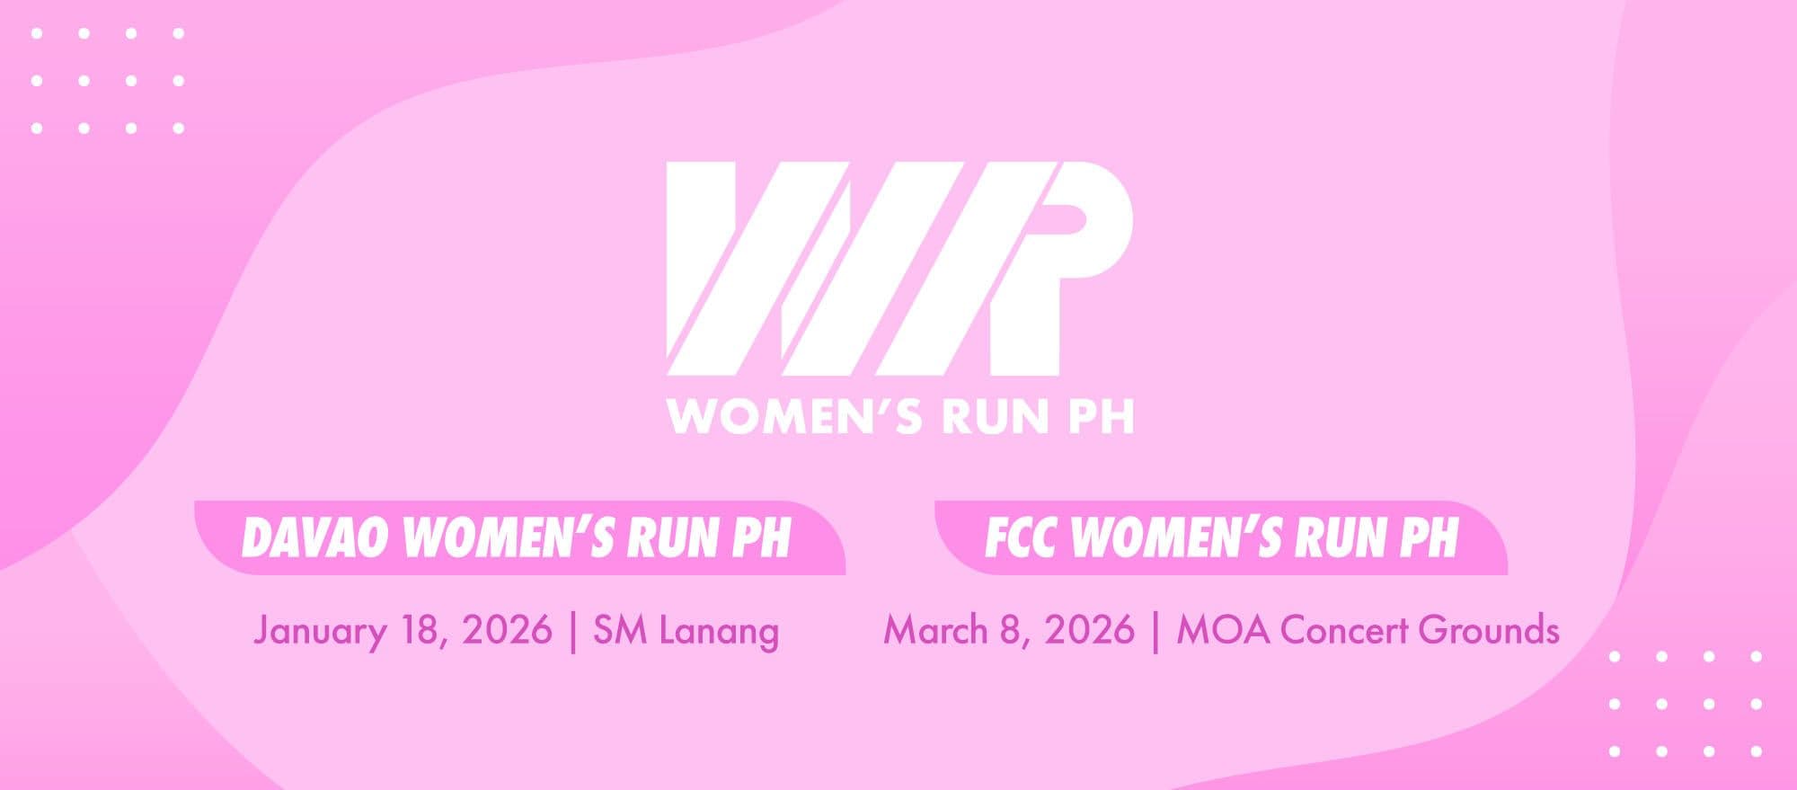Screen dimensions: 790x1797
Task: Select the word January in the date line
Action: tap(320, 630)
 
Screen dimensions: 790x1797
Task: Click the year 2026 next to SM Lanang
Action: tap(507, 630)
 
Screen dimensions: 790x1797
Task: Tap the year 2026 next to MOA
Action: tap(1089, 630)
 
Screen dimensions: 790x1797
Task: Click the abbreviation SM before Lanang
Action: tap(620, 630)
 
